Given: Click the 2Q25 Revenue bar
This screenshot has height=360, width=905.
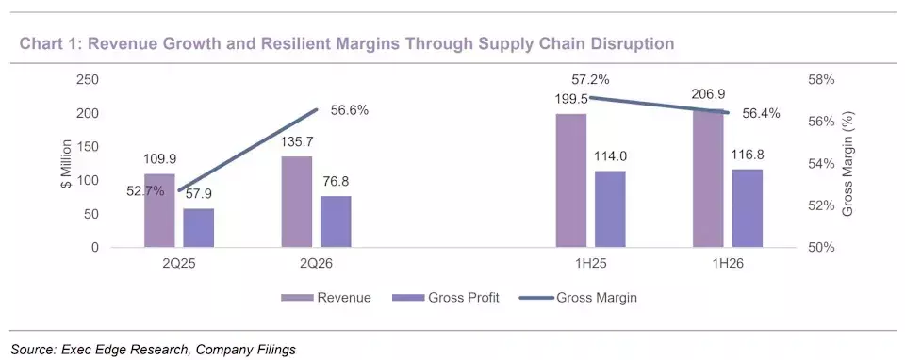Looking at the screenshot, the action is [159, 210].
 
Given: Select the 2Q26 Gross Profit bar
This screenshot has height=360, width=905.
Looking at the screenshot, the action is [336, 221].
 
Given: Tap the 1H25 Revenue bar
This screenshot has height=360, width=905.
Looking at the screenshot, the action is [571, 181].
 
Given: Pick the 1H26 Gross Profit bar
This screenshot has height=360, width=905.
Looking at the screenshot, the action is [748, 208].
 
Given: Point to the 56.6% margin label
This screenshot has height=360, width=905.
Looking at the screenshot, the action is [350, 110].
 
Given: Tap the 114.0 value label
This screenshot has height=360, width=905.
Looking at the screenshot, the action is [611, 156].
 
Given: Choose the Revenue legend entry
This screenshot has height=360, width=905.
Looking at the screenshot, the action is [326, 298].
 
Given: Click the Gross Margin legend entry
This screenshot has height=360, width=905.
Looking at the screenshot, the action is [578, 298].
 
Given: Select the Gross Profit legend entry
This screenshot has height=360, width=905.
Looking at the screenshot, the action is [445, 298].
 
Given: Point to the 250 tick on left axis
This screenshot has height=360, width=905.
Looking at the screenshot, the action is [88, 79].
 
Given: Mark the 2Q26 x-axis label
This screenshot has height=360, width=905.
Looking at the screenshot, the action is [317, 264].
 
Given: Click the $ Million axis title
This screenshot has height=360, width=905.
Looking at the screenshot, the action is [67, 163].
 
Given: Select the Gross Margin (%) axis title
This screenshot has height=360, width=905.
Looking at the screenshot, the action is [847, 164].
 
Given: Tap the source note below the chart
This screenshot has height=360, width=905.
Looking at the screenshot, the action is [153, 349].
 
